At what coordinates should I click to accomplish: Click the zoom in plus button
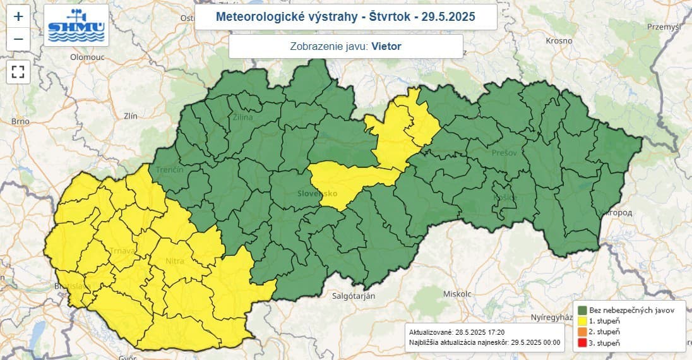[x=18, y=16]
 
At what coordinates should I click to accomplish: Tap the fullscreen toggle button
[x=18, y=71]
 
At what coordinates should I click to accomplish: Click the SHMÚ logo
[x=77, y=25]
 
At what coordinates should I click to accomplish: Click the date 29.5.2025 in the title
[x=449, y=16]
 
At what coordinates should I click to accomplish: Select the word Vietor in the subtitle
[x=386, y=46]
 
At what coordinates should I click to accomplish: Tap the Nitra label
[x=174, y=260]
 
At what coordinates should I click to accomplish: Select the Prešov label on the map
[x=505, y=153]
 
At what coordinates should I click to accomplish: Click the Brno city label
[x=20, y=121]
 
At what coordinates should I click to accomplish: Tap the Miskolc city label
[x=458, y=294]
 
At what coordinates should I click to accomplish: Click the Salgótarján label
[x=354, y=296]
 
